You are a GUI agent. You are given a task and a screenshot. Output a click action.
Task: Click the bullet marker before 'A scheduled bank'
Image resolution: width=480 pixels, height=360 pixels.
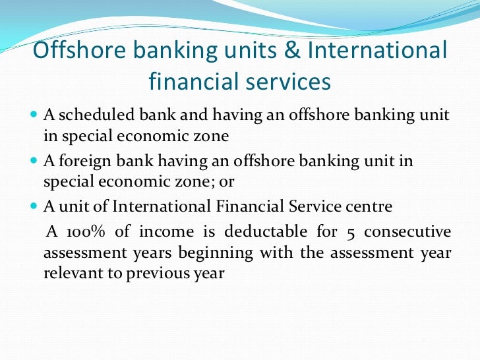point(35,116)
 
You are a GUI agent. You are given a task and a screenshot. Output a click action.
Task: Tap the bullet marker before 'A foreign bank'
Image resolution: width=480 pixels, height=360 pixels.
point(35,162)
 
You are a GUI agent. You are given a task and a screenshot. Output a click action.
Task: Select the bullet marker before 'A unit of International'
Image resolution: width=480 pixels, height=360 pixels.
point(35,207)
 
